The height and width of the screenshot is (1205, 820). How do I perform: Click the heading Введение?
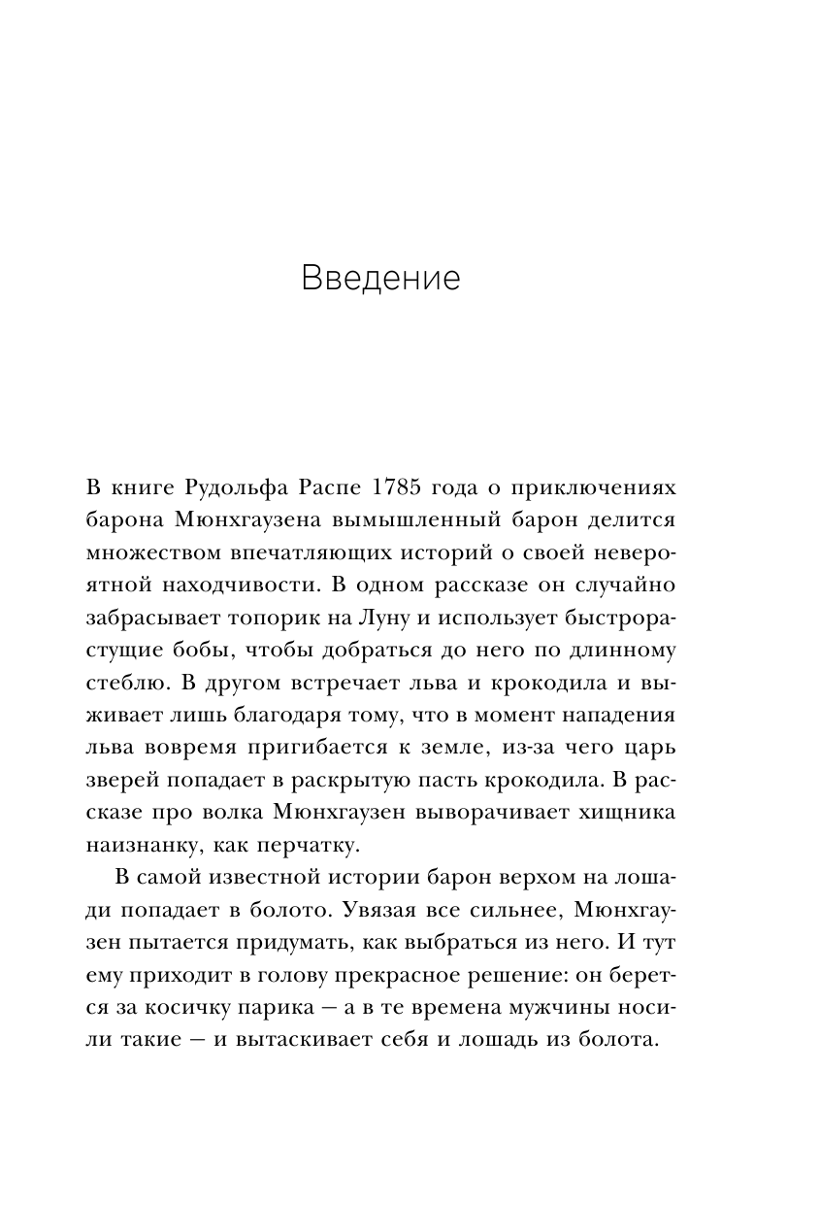click(x=379, y=279)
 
